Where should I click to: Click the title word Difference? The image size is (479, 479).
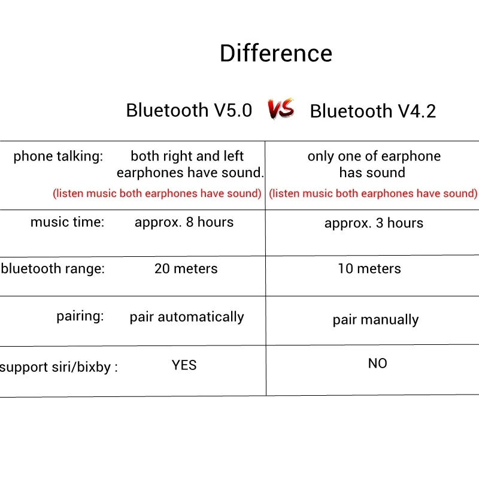tap(276, 53)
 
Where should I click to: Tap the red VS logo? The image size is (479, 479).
tap(281, 109)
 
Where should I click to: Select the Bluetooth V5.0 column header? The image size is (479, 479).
tap(189, 110)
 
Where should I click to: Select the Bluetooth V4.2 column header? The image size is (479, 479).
tap(372, 111)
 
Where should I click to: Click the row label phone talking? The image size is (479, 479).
tap(58, 156)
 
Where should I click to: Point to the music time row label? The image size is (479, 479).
tap(67, 222)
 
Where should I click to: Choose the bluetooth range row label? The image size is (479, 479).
tap(53, 268)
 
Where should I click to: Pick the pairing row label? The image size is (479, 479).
tap(80, 316)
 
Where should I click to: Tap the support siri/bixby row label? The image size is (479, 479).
tap(59, 367)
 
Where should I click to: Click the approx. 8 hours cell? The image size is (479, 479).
tap(184, 222)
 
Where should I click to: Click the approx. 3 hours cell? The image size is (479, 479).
tap(374, 223)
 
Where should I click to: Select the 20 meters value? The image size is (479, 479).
tap(186, 268)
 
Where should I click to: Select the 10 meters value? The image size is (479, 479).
tap(369, 268)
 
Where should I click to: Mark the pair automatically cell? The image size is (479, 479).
tap(187, 317)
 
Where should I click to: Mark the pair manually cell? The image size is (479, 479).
tap(375, 320)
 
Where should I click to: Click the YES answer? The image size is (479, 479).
tap(184, 365)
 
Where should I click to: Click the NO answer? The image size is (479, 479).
tap(377, 363)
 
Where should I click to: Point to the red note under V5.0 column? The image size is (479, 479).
tap(157, 193)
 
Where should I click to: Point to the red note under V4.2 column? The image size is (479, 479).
tap(373, 193)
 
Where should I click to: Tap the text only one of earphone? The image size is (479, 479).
tap(374, 156)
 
